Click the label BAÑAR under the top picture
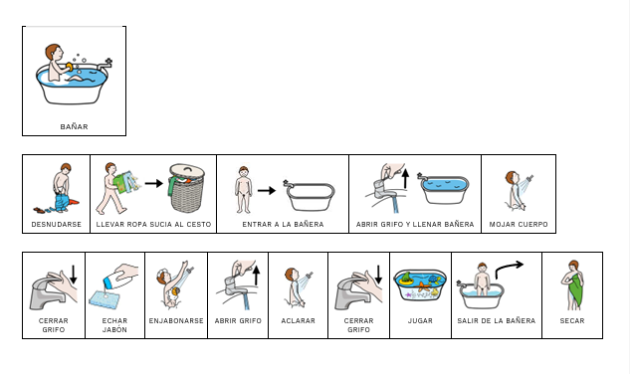[74, 127]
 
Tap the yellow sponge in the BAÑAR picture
[71, 67]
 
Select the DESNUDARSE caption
[57, 224]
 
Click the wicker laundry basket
[187, 188]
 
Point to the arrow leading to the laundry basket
[154, 184]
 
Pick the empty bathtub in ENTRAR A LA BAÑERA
[309, 196]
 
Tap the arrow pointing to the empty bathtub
[267, 190]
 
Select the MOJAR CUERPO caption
[519, 224]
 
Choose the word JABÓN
[114, 329]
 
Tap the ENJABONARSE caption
[176, 320]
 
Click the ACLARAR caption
[299, 320]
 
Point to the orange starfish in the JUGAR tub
[423, 286]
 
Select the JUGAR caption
[420, 320]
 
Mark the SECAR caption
[572, 320]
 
